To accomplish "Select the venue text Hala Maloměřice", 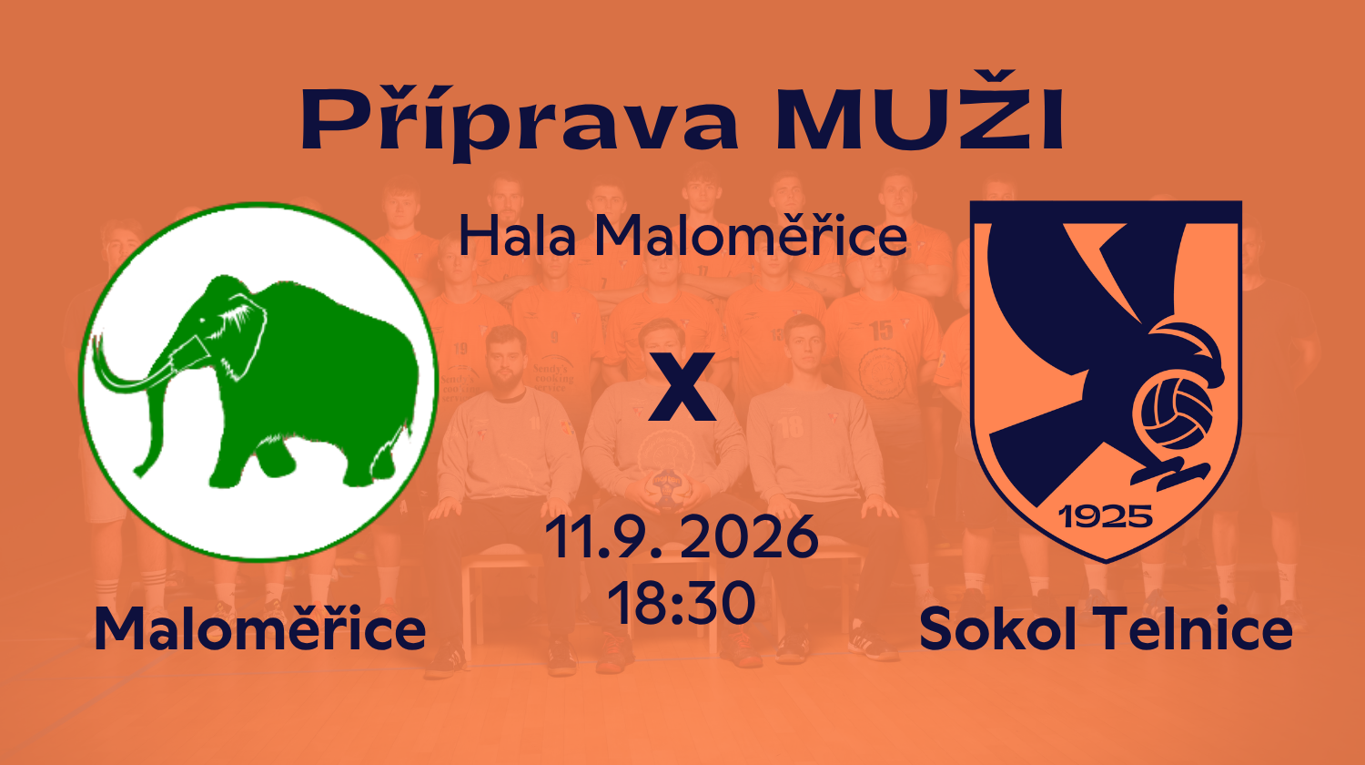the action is (x=682, y=236).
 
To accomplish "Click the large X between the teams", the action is (x=682, y=387).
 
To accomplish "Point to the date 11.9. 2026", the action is (x=682, y=536).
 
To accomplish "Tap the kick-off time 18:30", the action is (x=682, y=603).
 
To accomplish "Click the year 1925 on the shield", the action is (x=1106, y=517).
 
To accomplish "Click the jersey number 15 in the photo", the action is (x=882, y=331).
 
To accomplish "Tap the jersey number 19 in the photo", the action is (x=460, y=349).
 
